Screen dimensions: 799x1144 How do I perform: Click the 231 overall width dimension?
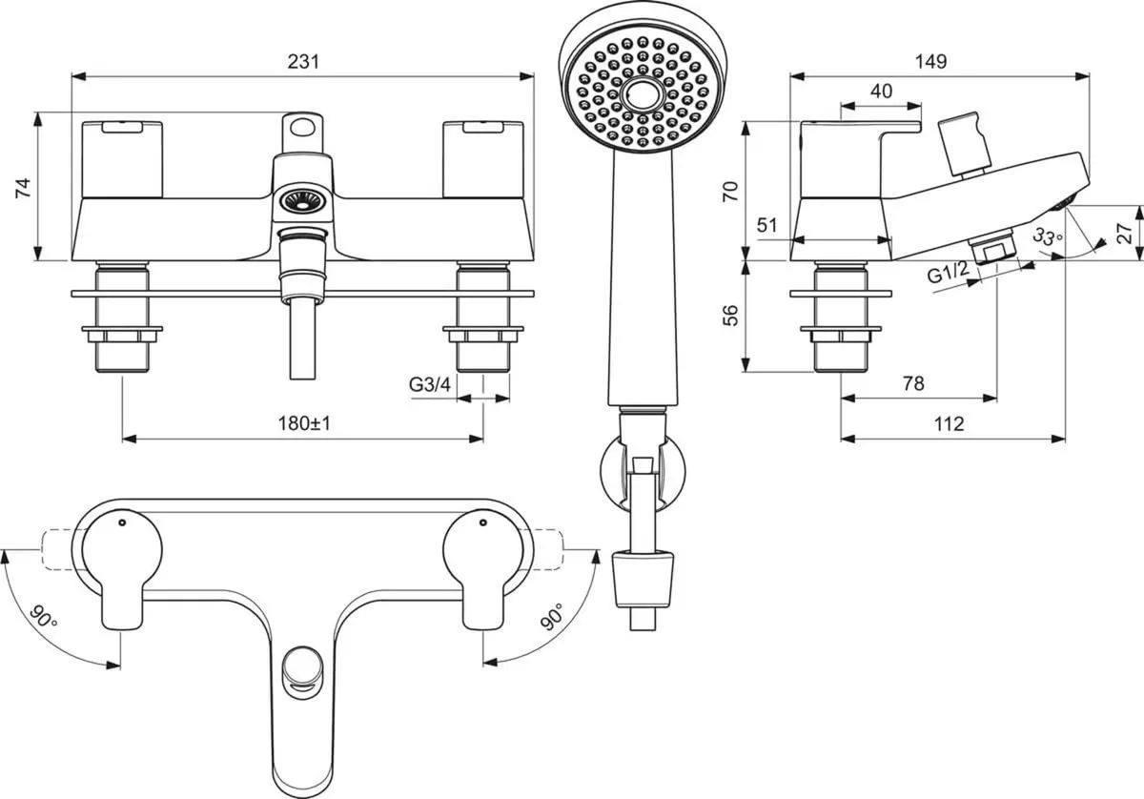click(302, 61)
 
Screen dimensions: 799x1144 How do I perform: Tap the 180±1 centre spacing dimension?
click(303, 423)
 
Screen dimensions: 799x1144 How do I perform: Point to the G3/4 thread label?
click(429, 384)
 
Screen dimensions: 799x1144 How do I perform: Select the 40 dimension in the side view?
click(881, 91)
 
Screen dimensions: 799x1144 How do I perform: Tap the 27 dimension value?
click(1125, 233)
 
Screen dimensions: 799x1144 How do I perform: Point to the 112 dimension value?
click(949, 423)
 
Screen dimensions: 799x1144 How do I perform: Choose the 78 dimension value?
click(912, 383)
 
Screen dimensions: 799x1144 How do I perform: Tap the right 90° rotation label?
click(552, 618)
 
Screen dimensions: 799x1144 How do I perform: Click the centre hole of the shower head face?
click(638, 95)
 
